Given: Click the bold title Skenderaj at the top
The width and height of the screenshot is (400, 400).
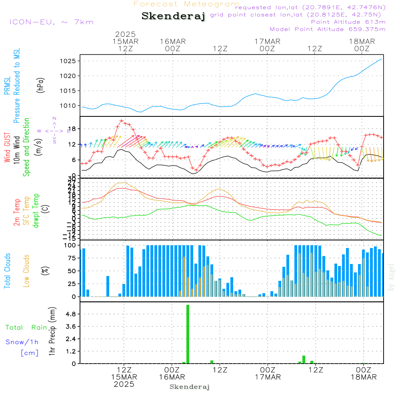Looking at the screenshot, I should pos(173,16).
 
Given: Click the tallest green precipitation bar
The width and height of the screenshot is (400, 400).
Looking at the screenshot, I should pos(188,334).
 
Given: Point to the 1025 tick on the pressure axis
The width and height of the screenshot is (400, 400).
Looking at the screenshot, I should pos(68,61).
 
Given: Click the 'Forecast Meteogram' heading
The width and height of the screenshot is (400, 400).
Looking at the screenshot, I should pos(186,4).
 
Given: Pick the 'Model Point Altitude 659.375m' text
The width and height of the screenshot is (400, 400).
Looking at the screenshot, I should pos(328,29).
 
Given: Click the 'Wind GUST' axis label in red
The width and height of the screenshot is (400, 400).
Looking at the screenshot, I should pos(7,148).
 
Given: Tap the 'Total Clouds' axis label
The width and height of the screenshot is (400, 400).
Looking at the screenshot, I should pos(7,271).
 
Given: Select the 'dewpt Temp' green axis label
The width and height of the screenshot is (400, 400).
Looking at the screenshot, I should pos(36,211).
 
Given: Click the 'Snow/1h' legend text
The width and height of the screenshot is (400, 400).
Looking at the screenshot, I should pos(22,342).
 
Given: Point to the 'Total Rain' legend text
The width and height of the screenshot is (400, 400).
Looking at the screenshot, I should pos(26,327).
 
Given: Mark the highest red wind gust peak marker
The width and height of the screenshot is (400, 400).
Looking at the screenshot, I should pos(122,121).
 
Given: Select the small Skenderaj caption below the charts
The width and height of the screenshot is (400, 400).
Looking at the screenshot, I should pos(190,387).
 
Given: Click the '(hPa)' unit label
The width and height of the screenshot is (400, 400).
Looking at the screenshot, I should pos(40,85).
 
